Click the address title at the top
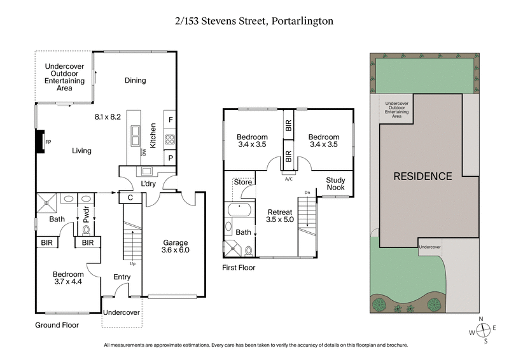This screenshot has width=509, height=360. [254, 21]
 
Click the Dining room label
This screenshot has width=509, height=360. [135, 80]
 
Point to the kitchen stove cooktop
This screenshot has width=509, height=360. [171, 139]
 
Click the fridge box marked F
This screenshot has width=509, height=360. [171, 119]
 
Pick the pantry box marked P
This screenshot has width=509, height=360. [171, 158]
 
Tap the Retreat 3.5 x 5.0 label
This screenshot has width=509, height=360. [279, 216]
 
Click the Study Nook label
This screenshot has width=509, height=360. [335, 184]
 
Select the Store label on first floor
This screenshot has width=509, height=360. [243, 183]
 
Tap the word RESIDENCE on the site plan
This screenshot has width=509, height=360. [422, 176]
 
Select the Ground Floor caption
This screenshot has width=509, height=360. [57, 325]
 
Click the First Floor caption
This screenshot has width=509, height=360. [239, 268]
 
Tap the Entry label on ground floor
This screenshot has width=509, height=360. [122, 277]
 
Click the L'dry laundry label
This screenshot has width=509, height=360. [149, 184]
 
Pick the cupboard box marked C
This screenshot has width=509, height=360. [130, 198]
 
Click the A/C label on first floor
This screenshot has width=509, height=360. [288, 179]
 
